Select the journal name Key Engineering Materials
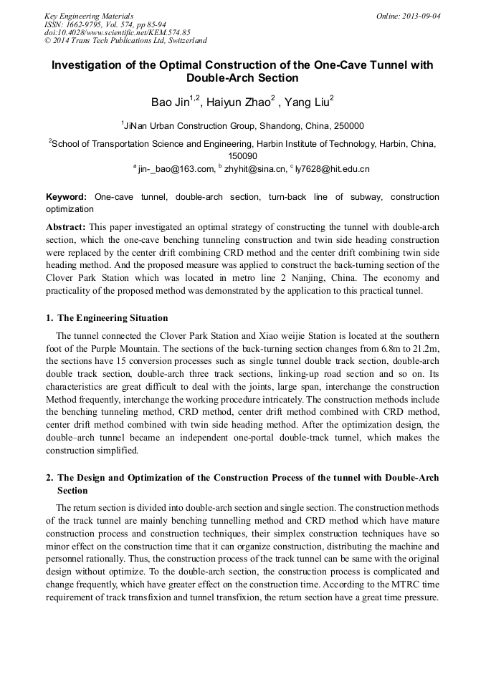coord(89,16)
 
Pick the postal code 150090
coord(242,155)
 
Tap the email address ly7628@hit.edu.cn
coord(332,169)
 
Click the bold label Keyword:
coord(67,197)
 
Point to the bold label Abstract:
coord(66,227)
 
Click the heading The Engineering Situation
coord(113,317)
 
